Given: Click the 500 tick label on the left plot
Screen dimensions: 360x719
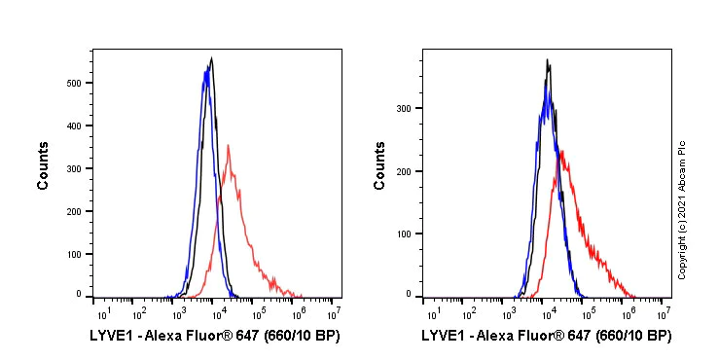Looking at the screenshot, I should pyautogui.click(x=72, y=83).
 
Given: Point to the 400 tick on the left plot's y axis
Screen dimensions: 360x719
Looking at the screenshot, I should pyautogui.click(x=72, y=126).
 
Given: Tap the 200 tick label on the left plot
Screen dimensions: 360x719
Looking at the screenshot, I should pyautogui.click(x=72, y=209).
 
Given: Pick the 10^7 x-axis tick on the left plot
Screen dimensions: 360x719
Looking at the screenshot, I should pyautogui.click(x=335, y=313).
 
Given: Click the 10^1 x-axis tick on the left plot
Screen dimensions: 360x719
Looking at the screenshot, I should pyautogui.click(x=101, y=313).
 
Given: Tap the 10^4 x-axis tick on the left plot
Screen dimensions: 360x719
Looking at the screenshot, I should pyautogui.click(x=218, y=313).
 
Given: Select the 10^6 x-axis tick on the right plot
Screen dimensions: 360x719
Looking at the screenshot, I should pyautogui.click(x=627, y=313).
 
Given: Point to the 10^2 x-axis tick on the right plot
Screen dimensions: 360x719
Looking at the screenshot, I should pyautogui.click(x=469, y=313).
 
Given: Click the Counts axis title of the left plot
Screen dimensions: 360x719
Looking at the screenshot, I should pyautogui.click(x=43, y=171).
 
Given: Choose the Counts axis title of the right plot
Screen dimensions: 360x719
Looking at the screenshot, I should pyautogui.click(x=380, y=171).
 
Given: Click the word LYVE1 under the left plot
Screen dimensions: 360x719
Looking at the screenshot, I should pyautogui.click(x=110, y=336).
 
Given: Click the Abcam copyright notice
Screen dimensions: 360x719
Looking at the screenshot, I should pyautogui.click(x=682, y=209).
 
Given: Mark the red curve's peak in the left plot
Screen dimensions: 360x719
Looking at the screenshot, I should pyautogui.click(x=228, y=146).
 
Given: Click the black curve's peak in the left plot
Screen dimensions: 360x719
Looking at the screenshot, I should pyautogui.click(x=211, y=58).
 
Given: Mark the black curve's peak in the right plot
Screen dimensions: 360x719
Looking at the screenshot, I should pyautogui.click(x=549, y=60).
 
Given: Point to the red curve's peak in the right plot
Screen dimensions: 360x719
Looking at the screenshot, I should pyautogui.click(x=562, y=151).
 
